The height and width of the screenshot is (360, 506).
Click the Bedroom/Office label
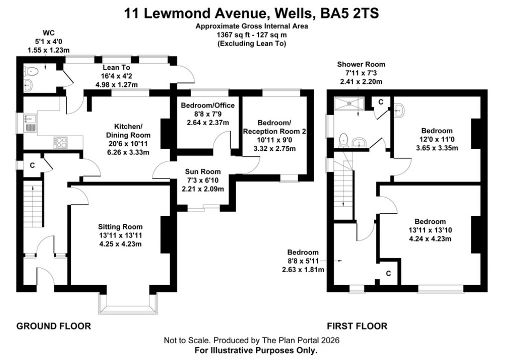point(207,105)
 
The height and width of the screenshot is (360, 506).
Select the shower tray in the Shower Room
point(350,103)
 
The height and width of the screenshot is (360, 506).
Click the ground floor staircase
point(31,204)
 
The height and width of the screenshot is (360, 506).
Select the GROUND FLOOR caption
point(54,326)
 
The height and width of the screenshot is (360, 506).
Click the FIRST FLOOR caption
point(357,326)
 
